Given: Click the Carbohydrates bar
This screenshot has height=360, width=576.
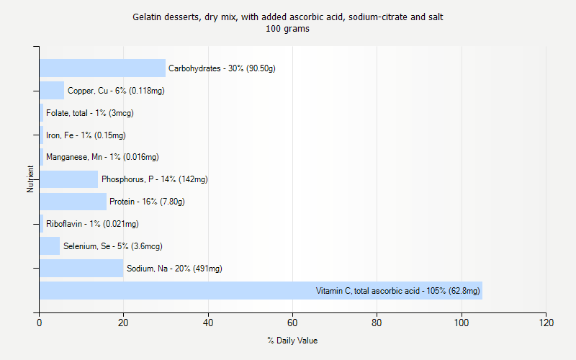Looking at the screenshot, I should (102, 68).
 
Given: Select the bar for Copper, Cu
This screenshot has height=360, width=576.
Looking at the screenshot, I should (52, 91).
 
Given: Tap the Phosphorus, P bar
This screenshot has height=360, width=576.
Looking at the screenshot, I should (68, 179).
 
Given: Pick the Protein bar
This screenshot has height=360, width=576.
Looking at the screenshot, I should (73, 202).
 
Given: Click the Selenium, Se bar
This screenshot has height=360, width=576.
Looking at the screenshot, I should (50, 246).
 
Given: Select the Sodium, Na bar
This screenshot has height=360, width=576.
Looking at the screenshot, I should (81, 269).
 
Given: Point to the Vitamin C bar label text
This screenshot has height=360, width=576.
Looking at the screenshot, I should (397, 291).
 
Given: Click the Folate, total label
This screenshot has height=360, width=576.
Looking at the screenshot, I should (89, 113).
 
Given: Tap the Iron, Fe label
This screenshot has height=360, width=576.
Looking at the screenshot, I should (86, 135).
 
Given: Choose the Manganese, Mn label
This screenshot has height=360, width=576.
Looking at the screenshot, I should (102, 157).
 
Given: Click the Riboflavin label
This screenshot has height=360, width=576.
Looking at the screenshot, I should (92, 224).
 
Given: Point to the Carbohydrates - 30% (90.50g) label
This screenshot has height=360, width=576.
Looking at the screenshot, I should (222, 68).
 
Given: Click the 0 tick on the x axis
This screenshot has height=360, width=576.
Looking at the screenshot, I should (40, 323).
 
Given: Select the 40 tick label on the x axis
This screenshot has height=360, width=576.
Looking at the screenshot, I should (208, 323).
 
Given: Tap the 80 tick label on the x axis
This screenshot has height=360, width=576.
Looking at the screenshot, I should (377, 323).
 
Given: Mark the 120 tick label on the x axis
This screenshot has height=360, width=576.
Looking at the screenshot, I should (546, 323).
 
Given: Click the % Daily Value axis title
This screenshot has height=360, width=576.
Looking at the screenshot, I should (292, 341).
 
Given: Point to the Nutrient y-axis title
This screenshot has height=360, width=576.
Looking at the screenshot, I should (31, 179).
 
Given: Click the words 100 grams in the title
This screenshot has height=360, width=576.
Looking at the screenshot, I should (287, 30).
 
